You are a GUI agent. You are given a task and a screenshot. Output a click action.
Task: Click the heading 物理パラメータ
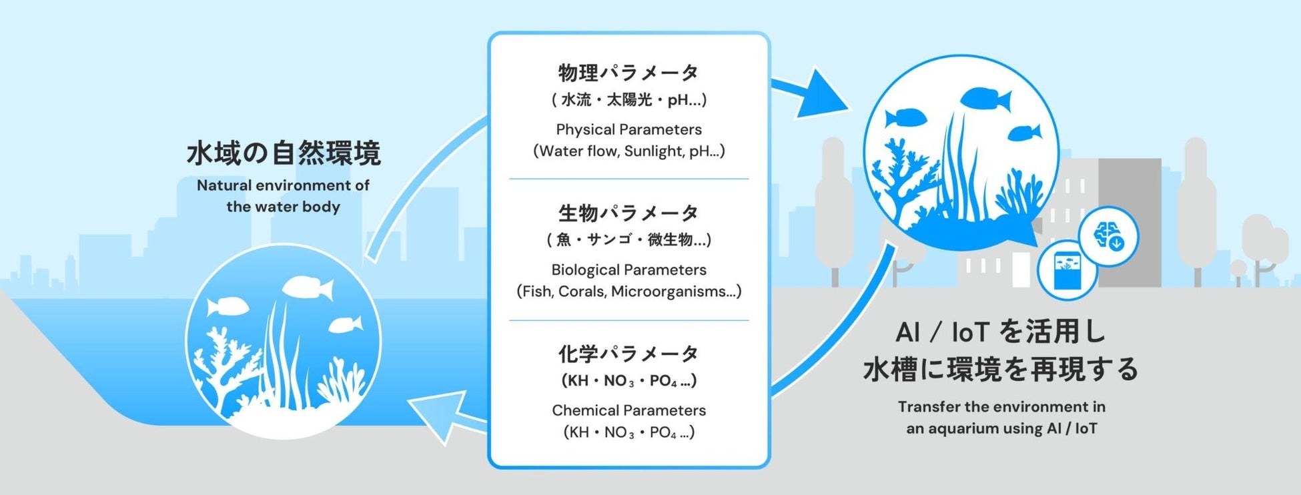pos(628,72)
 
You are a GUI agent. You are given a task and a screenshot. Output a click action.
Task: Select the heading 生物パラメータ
pos(628,213)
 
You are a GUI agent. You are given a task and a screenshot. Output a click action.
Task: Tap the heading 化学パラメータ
pos(628,354)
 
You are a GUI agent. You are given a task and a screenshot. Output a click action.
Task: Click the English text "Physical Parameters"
pos(628,129)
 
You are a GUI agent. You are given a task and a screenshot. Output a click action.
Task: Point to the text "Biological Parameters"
pos(628,270)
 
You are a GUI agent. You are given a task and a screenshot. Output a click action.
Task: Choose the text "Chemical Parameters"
pos(628,410)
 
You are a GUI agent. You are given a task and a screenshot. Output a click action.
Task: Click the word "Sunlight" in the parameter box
pos(653,151)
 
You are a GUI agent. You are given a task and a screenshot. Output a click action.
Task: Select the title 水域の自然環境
pos(284,153)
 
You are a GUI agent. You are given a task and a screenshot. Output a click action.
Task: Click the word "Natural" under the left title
pos(224,185)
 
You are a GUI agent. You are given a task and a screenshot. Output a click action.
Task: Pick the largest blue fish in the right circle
pos(985,99)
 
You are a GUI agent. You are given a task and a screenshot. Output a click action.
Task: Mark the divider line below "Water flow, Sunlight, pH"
pos(628,179)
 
